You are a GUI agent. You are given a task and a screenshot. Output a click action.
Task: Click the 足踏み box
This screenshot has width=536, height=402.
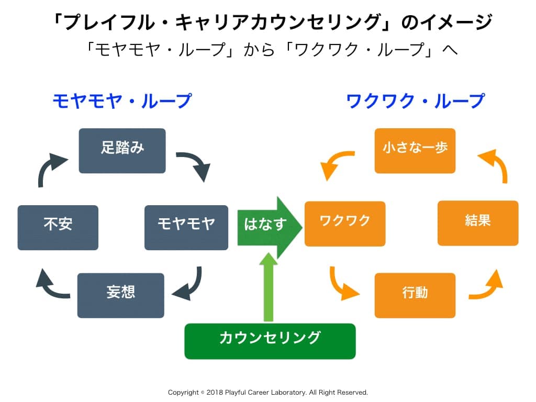point(122,151)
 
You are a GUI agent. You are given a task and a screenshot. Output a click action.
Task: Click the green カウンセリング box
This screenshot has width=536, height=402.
point(270,341)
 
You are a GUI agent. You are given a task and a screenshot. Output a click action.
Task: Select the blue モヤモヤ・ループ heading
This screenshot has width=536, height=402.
point(122,100)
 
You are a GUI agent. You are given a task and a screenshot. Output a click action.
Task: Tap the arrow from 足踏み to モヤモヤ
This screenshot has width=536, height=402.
point(195,164)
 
